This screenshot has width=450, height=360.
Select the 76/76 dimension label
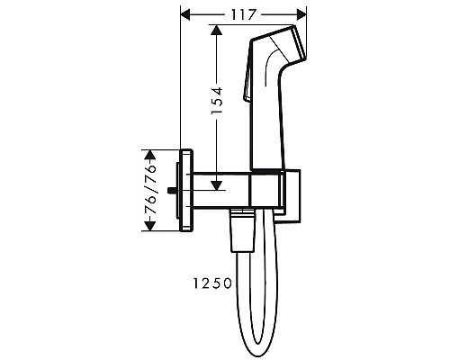click(x=151, y=197)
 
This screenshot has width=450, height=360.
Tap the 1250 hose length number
click(x=212, y=283)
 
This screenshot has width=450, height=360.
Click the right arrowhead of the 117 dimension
click(x=302, y=15)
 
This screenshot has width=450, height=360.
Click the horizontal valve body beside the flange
click(x=220, y=189)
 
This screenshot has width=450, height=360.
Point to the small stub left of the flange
click(x=175, y=189)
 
